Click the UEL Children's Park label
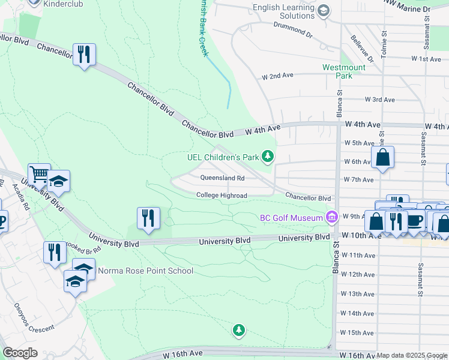click(x=222, y=157)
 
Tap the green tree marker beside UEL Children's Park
click(x=268, y=157)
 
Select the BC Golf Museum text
click(x=291, y=218)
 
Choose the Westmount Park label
click(x=344, y=72)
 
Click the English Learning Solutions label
click(x=285, y=11)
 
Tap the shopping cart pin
click(x=39, y=175)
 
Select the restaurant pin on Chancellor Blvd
click(x=83, y=55)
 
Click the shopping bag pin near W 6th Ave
click(x=382, y=158)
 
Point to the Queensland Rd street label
click(x=222, y=178)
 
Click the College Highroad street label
click(x=221, y=196)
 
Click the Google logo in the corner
click(x=19, y=353)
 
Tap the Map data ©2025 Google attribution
click(x=412, y=356)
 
